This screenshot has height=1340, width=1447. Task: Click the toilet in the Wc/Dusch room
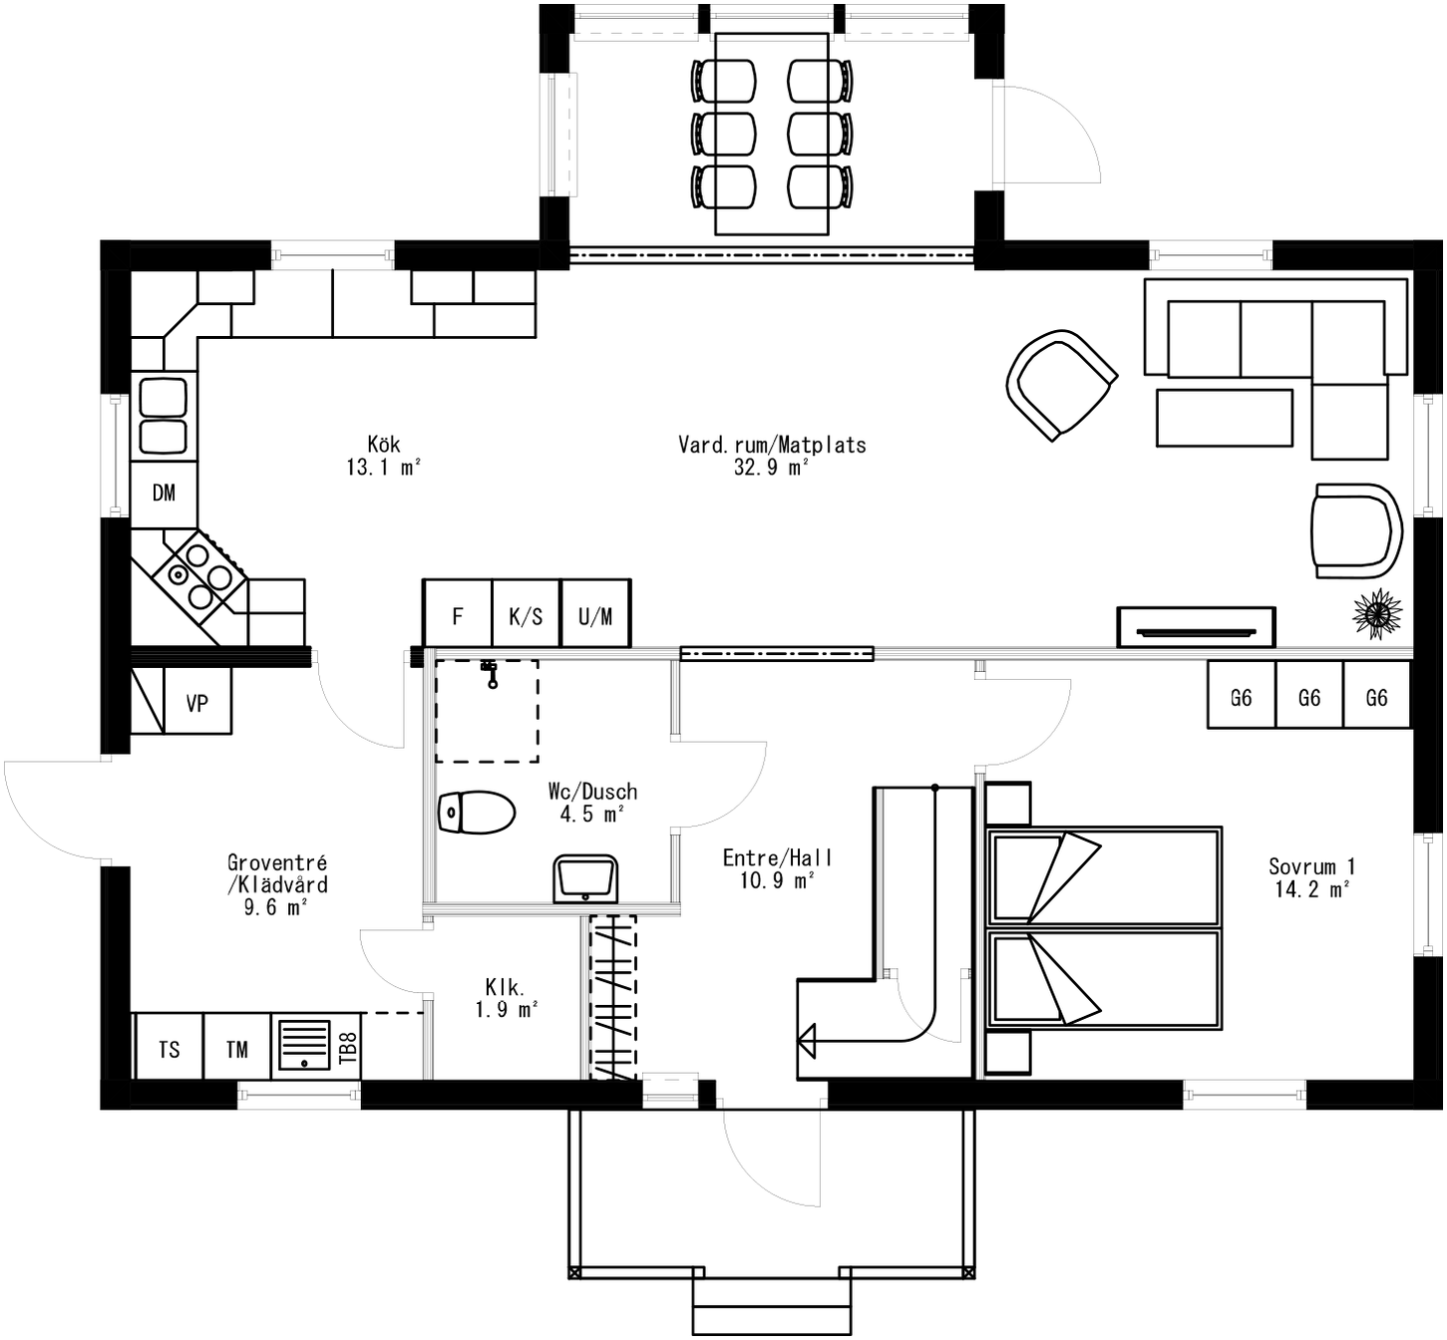pyautogui.click(x=477, y=814)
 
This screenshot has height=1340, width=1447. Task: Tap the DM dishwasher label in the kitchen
pyautogui.click(x=164, y=494)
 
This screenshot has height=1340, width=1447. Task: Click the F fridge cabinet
pyautogui.click(x=458, y=616)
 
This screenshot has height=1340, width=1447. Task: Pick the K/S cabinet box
pyautogui.click(x=527, y=616)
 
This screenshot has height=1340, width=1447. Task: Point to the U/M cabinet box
pyautogui.click(x=595, y=616)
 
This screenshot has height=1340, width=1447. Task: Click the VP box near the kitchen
pyautogui.click(x=197, y=704)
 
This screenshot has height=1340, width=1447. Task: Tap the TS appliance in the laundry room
pyautogui.click(x=169, y=1050)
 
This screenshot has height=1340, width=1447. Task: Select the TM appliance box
pyautogui.click(x=236, y=1050)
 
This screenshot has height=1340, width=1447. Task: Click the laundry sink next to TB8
pyautogui.click(x=302, y=1045)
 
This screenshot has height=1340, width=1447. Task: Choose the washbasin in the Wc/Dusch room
pyautogui.click(x=586, y=878)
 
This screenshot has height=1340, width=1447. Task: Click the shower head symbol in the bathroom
pyautogui.click(x=490, y=673)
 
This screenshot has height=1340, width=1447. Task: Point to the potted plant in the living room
pyautogui.click(x=1377, y=614)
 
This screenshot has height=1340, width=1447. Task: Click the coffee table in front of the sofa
pyautogui.click(x=1225, y=418)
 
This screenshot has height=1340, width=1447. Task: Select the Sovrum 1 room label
pyautogui.click(x=1311, y=878)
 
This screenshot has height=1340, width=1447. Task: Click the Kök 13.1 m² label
pyautogui.click(x=384, y=456)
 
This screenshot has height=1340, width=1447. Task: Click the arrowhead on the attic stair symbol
pyautogui.click(x=807, y=1042)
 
